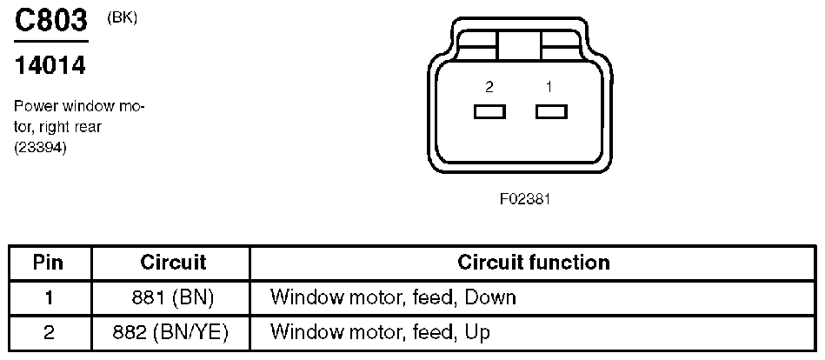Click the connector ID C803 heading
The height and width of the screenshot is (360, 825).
(52, 21)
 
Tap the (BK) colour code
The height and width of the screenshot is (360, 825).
(121, 18)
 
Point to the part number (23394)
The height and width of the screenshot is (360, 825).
(41, 148)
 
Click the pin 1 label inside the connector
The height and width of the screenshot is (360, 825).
(549, 87)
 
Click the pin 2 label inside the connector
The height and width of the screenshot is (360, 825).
(489, 87)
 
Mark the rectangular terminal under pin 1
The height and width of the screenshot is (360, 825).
(551, 111)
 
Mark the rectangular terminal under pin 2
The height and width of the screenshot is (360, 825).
(489, 111)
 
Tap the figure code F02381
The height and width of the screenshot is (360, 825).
(525, 199)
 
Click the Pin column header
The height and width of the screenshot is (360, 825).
(49, 262)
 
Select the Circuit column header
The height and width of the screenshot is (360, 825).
(172, 262)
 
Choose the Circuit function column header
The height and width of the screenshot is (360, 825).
(533, 262)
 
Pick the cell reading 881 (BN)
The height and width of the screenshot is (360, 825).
(172, 297)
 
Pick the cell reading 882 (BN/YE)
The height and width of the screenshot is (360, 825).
(172, 331)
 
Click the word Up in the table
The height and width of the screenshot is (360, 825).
(478, 331)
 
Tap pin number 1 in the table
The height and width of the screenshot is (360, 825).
(49, 297)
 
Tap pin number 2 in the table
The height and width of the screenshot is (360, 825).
(49, 331)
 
